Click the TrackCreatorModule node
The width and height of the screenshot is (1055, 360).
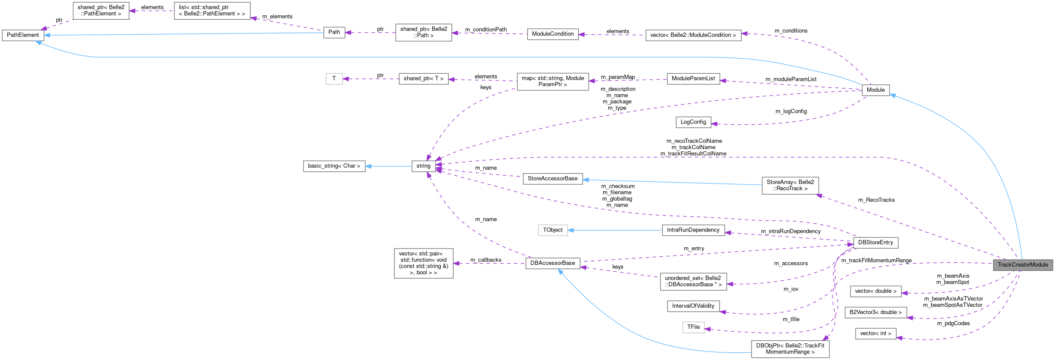pyautogui.click(x=1023, y=264)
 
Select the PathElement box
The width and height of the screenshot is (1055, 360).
pyautogui.click(x=23, y=35)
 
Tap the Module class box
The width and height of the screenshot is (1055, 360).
pyautogui.click(x=875, y=90)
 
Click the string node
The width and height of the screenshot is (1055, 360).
pyautogui.click(x=423, y=166)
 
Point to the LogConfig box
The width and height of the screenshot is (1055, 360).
pyautogui.click(x=693, y=122)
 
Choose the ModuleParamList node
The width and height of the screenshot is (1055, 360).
pyautogui.click(x=693, y=79)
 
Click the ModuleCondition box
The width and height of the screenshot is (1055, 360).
pyautogui.click(x=553, y=34)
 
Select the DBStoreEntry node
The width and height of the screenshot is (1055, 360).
pyautogui.click(x=875, y=243)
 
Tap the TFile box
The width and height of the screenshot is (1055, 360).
pyautogui.click(x=693, y=327)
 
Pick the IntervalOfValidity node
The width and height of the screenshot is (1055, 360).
pyautogui.click(x=693, y=306)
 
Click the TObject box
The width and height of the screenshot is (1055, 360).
pyautogui.click(x=553, y=230)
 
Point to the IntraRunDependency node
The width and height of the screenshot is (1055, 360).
pyautogui.click(x=693, y=230)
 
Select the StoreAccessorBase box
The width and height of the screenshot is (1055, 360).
pyautogui.click(x=553, y=179)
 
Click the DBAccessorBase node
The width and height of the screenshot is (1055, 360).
pyautogui.click(x=553, y=263)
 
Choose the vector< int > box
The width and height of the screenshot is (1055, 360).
pyautogui.click(x=875, y=333)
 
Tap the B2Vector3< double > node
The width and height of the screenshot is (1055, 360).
pyautogui.click(x=875, y=312)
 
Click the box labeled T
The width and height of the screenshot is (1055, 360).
pyautogui.click(x=334, y=79)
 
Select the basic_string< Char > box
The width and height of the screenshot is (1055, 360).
pyautogui.click(x=334, y=166)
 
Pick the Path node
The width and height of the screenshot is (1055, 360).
pyautogui.click(x=334, y=32)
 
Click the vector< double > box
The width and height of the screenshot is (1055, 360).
pyautogui.click(x=875, y=291)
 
